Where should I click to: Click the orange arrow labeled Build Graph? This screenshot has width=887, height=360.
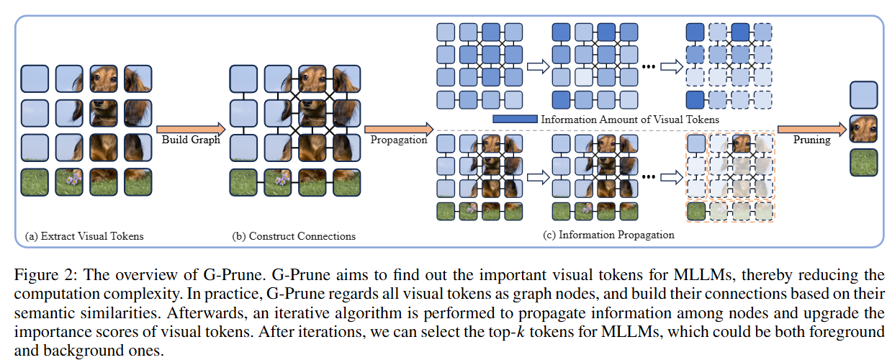pyautogui.click(x=191, y=129)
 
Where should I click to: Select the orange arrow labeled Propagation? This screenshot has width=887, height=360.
pyautogui.click(x=399, y=129)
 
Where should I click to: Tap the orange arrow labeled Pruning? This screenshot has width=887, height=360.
pyautogui.click(x=812, y=129)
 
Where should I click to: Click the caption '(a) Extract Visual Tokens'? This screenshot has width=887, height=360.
pyautogui.click(x=84, y=236)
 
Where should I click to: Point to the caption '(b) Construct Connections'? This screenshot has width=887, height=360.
pyautogui.click(x=294, y=236)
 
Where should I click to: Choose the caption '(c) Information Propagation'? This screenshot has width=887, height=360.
pyautogui.click(x=608, y=235)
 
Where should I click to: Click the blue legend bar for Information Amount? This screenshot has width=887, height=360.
pyautogui.click(x=515, y=119)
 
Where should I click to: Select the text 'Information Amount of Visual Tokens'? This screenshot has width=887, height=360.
pyautogui.click(x=630, y=120)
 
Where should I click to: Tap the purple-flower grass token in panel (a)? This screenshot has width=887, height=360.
pyautogui.click(x=69, y=182)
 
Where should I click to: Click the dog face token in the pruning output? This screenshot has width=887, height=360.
pyautogui.click(x=864, y=129)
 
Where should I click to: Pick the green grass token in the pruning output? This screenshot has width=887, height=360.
pyautogui.click(x=864, y=163)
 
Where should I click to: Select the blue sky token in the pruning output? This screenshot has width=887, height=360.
pyautogui.click(x=864, y=95)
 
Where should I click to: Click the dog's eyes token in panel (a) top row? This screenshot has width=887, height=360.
pyautogui.click(x=104, y=78)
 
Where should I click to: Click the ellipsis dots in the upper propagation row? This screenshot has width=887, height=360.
pyautogui.click(x=648, y=67)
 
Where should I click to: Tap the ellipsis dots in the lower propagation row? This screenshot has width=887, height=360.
pyautogui.click(x=648, y=177)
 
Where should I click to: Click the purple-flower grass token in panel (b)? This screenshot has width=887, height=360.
pyautogui.click(x=278, y=182)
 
